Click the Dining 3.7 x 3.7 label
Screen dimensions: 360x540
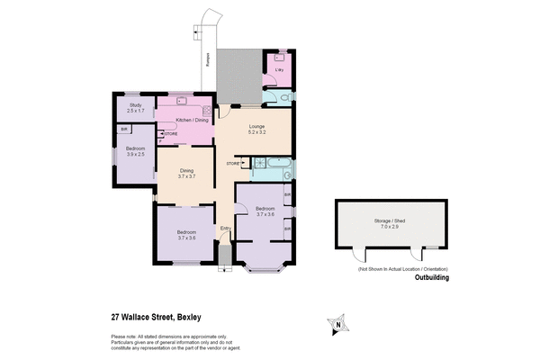click(x=186, y=173)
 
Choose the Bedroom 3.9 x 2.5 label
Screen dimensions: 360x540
click(x=135, y=152)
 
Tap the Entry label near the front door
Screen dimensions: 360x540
click(x=225, y=229)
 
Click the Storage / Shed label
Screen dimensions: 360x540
click(x=390, y=220)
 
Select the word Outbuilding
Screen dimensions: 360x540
click(x=431, y=278)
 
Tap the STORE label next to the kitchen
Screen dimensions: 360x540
click(x=171, y=134)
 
